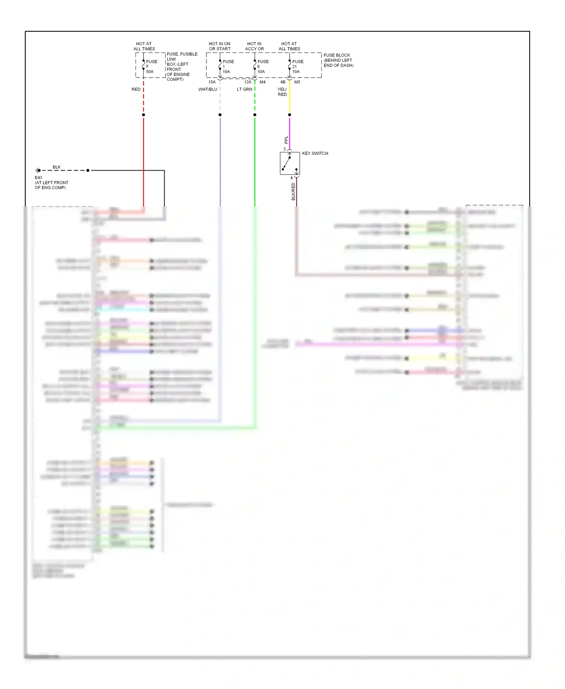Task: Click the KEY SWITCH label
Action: point(315,153)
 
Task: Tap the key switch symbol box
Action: point(290,163)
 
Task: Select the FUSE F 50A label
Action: point(151,66)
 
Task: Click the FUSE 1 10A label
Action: point(228,66)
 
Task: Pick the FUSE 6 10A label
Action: point(263,66)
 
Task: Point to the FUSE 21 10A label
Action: point(297,66)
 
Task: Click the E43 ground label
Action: point(38,178)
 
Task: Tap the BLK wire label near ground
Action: point(56,167)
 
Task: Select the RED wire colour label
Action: point(136,89)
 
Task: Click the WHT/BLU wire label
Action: point(208,89)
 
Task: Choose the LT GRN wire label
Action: point(244,89)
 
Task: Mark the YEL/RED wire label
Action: point(282,92)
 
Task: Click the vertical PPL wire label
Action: point(286,140)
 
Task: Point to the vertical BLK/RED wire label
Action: point(293,191)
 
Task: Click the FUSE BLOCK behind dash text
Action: point(338,60)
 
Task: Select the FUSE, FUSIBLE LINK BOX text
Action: point(182,67)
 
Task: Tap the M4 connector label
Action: point(263,82)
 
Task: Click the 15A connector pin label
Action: point(212,82)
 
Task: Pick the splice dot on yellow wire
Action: point(289,115)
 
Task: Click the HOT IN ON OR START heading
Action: point(220,46)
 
